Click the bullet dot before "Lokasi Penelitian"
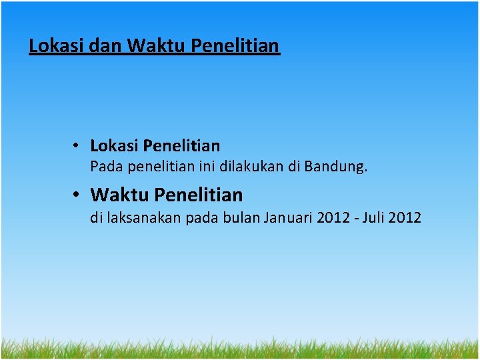[78, 145]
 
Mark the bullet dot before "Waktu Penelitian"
[78, 195]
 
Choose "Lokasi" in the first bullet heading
[114, 145]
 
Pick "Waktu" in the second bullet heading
[119, 195]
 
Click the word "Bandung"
[335, 167]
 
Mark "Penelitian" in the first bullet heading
[181, 145]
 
